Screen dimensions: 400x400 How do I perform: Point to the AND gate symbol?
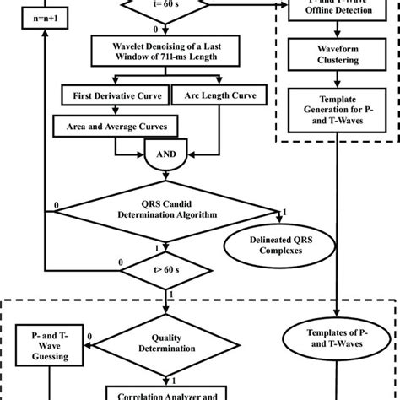pyautogui.click(x=165, y=155)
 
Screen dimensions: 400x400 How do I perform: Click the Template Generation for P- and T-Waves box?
pyautogui.click(x=338, y=110)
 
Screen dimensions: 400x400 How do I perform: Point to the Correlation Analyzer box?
pyautogui.click(x=161, y=392)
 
